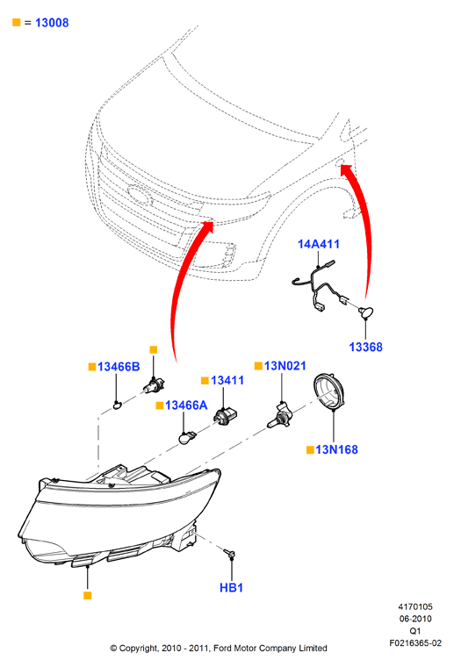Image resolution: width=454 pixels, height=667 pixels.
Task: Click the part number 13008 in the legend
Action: click(x=52, y=23)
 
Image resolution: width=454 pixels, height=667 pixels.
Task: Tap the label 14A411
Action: click(x=318, y=244)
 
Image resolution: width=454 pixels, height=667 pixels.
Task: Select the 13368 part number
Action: click(x=365, y=348)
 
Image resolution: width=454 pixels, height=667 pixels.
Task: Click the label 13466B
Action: click(x=119, y=367)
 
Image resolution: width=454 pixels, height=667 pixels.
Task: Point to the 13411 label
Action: click(x=227, y=380)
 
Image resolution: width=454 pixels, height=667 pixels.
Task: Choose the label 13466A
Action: click(x=186, y=405)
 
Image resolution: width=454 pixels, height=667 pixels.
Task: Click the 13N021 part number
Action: click(x=285, y=366)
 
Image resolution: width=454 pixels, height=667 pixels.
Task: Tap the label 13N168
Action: click(x=336, y=449)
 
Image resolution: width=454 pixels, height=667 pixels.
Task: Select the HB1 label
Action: click(x=231, y=588)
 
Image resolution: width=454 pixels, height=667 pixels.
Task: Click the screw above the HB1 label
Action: click(x=230, y=553)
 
